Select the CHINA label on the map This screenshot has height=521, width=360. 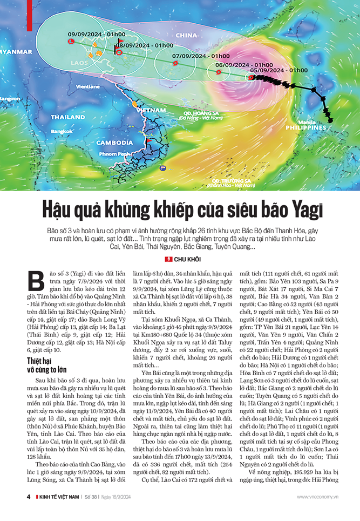coord(187,36)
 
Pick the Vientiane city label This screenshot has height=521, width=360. coord(87,86)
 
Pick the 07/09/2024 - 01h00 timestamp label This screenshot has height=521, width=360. coord(201,56)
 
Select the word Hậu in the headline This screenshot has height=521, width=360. coord(60,208)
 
